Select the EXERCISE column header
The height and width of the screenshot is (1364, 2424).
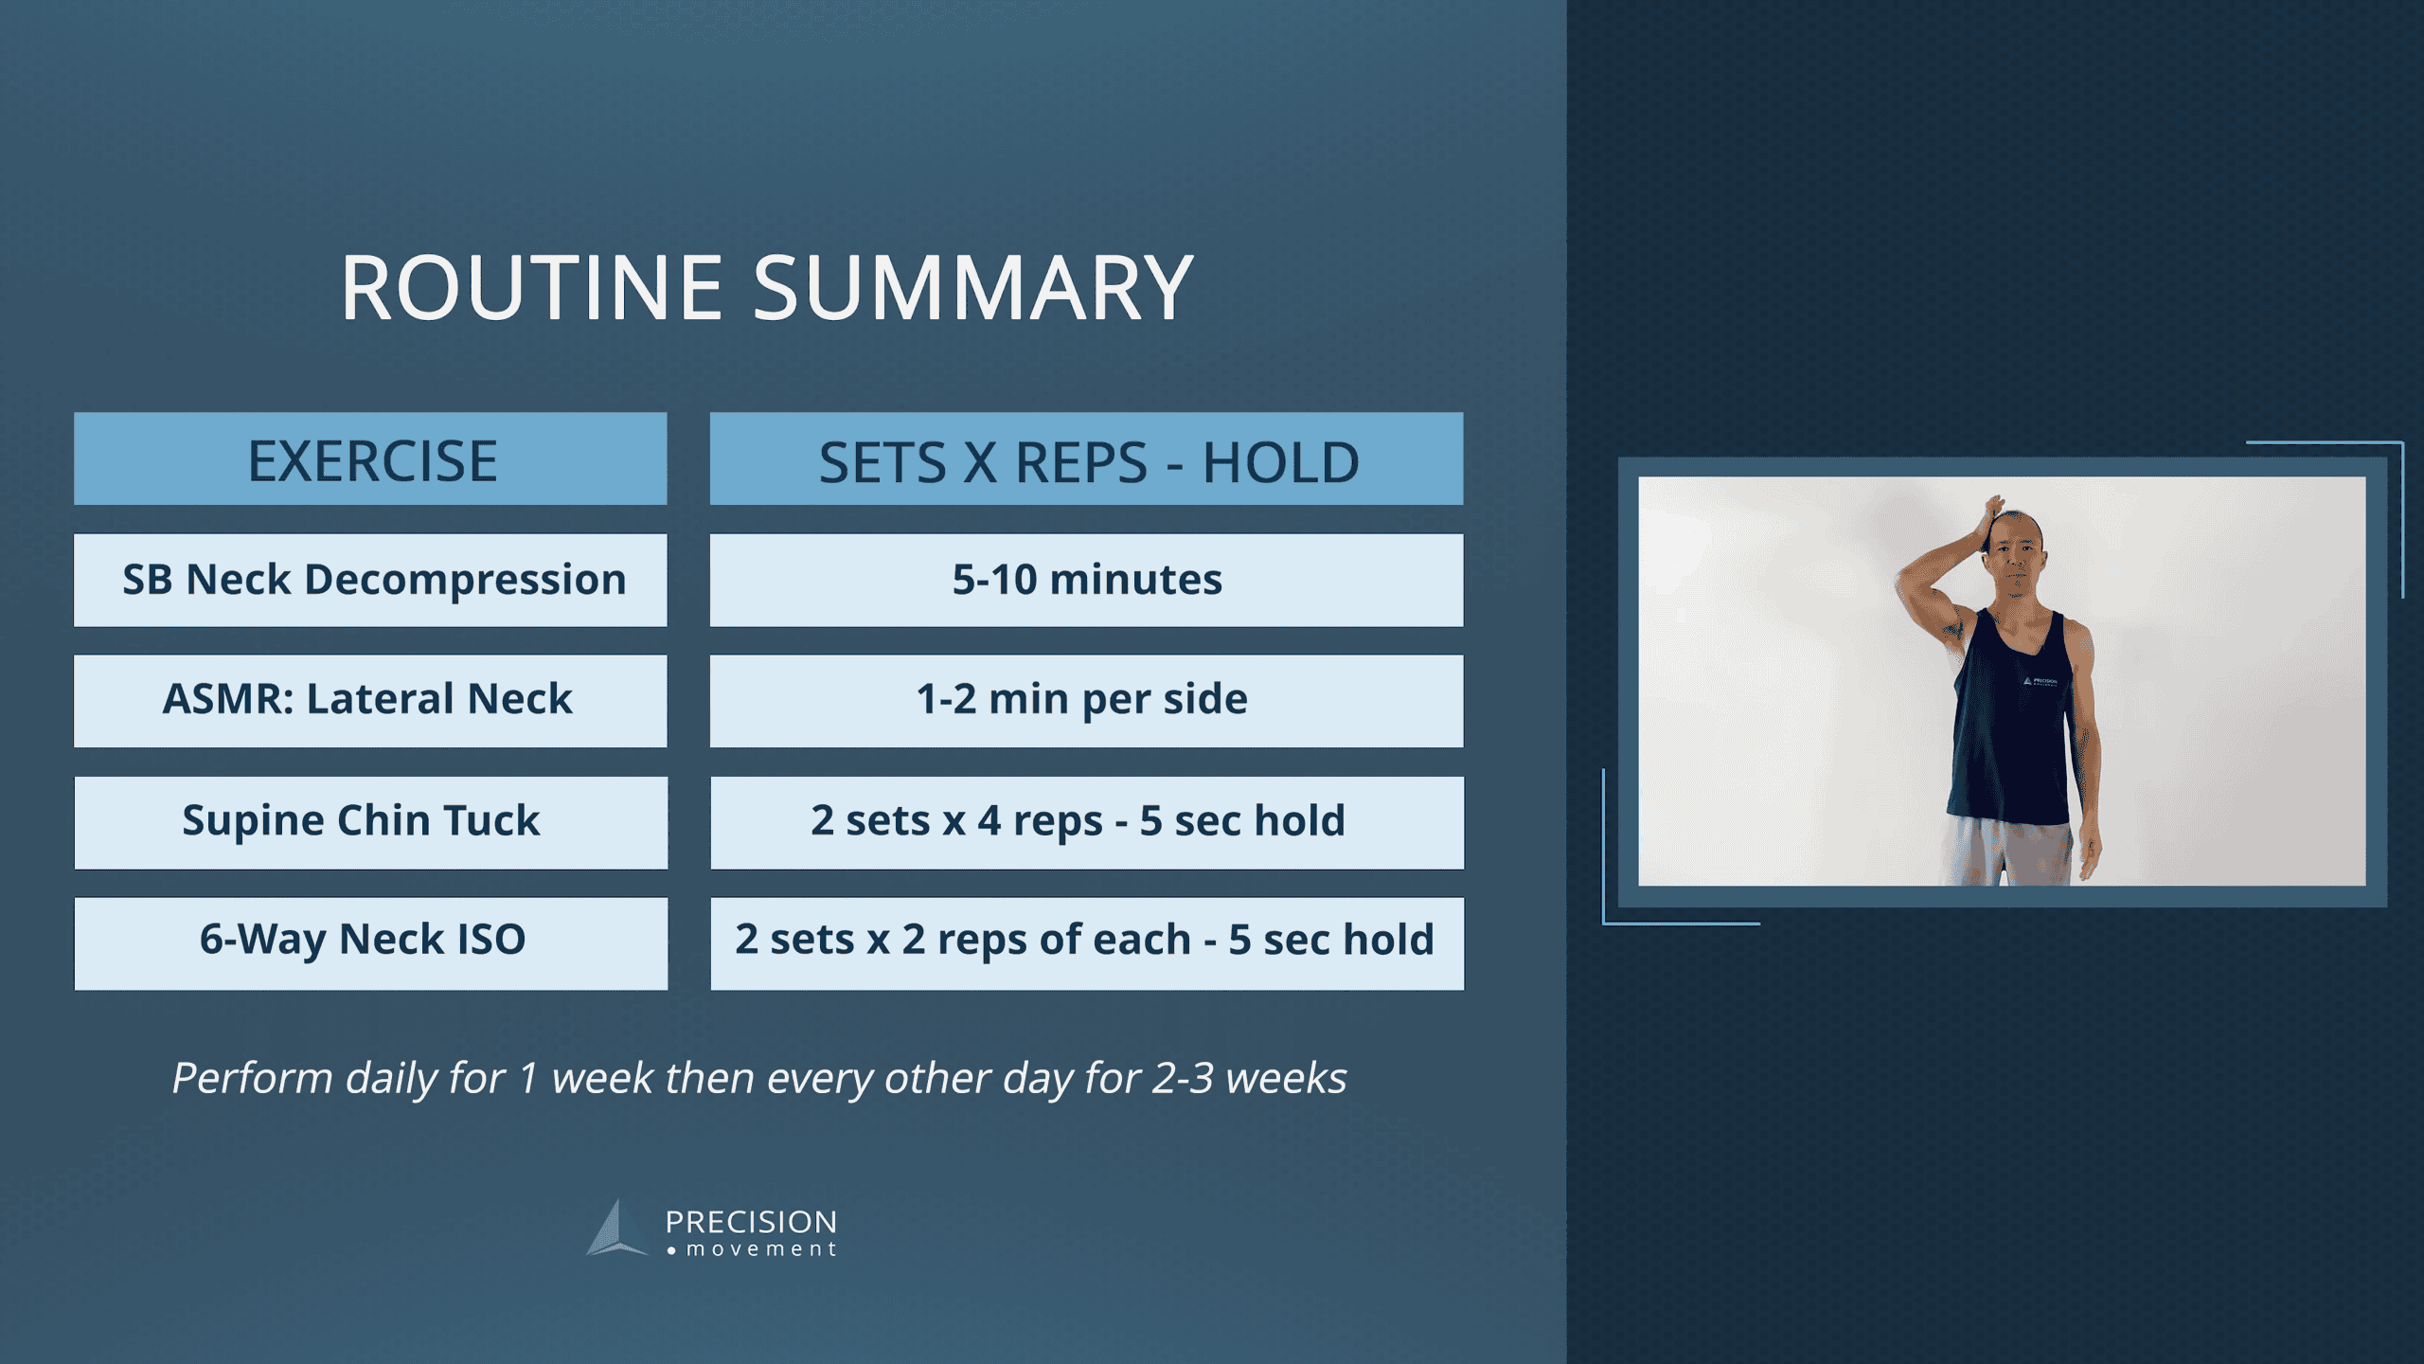(x=371, y=459)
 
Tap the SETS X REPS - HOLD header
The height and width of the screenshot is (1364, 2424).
(x=1087, y=461)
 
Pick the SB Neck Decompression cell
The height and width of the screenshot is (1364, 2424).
(x=371, y=580)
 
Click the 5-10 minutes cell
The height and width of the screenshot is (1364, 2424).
(x=1087, y=580)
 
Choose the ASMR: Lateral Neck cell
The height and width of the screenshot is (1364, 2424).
(x=371, y=700)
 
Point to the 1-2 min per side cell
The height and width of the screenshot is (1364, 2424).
(x=1087, y=700)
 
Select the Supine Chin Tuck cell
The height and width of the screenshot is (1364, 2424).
(x=371, y=821)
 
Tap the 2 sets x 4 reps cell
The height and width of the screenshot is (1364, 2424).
(x=1087, y=821)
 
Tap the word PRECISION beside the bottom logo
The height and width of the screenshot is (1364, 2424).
(x=751, y=1222)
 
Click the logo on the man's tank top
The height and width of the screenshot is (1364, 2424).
(x=2040, y=681)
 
